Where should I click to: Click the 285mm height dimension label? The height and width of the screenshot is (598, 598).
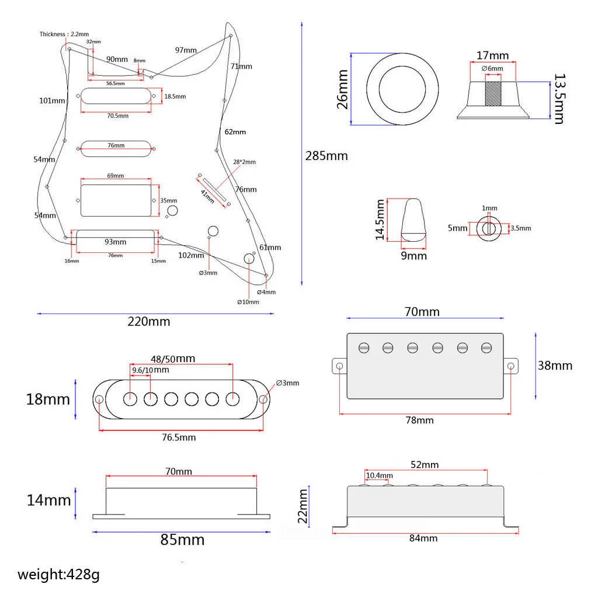click(x=326, y=156)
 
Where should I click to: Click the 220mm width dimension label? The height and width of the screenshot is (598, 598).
click(x=149, y=321)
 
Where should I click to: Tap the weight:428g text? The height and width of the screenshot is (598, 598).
click(x=58, y=574)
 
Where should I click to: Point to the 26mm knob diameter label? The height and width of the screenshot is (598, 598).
click(x=343, y=89)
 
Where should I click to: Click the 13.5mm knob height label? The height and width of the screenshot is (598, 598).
click(x=558, y=99)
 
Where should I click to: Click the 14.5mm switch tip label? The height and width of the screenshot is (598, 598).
click(x=381, y=220)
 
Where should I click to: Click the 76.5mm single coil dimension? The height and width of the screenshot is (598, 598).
click(x=178, y=437)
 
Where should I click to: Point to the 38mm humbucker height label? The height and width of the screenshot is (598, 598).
click(x=555, y=366)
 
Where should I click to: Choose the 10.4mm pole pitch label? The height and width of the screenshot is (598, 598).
click(x=380, y=475)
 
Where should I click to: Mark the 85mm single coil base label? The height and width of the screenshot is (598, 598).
click(x=182, y=540)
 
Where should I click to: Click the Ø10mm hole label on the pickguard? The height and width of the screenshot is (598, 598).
click(x=248, y=302)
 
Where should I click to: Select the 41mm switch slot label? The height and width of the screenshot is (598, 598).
click(x=208, y=194)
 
